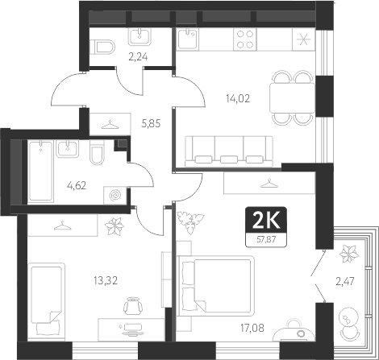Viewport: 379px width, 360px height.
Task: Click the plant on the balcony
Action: coord(349,254)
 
